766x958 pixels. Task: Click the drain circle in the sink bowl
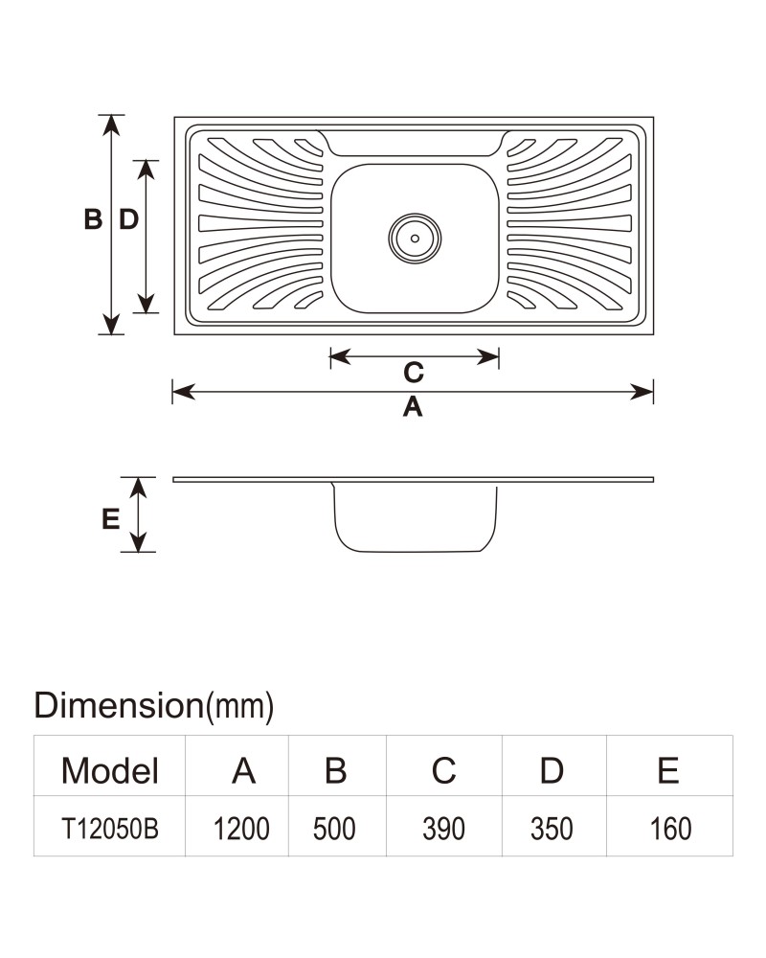point(415,239)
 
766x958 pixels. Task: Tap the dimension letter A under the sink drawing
point(413,407)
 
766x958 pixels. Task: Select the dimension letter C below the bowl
point(414,372)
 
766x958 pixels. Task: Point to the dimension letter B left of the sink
point(93,219)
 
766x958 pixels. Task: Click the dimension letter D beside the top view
point(129,219)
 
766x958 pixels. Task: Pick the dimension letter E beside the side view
point(110,519)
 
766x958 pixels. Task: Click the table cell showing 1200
point(241,829)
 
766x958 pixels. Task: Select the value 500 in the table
point(334,829)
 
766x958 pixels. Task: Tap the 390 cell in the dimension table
point(444,829)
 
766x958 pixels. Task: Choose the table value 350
point(552,829)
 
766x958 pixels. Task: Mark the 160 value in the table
point(670,829)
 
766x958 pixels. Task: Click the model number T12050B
point(110,829)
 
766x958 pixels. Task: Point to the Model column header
point(110,770)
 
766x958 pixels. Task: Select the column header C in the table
point(444,770)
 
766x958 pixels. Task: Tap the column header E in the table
point(668,770)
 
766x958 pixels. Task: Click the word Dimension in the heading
point(119,705)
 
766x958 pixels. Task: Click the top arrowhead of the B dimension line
point(110,125)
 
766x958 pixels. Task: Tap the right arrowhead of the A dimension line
point(642,392)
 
